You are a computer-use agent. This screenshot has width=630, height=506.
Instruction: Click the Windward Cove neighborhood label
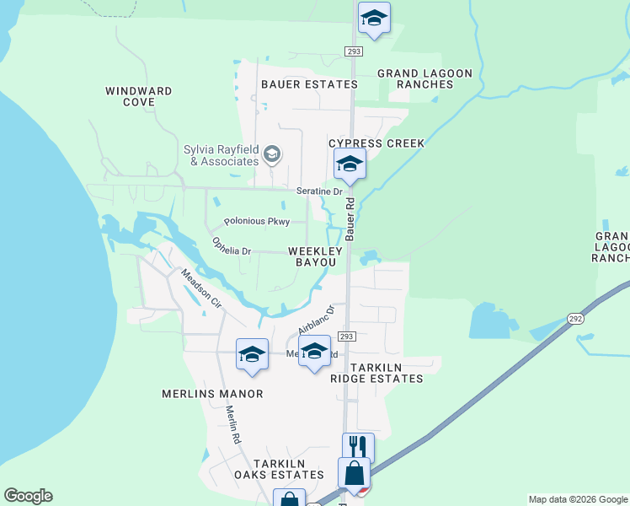point(139,96)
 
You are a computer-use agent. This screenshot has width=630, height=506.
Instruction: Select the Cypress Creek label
point(376,143)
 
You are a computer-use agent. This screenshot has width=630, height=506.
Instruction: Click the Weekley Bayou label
point(316,257)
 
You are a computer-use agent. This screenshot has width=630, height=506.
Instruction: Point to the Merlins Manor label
point(212,394)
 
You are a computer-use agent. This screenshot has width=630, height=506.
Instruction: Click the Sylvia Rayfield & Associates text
point(222,156)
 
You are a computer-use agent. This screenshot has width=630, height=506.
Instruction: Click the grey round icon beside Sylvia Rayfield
point(272,154)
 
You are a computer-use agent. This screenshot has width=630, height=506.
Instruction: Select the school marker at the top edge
point(374,18)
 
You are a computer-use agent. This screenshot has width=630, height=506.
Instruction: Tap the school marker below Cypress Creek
point(350,164)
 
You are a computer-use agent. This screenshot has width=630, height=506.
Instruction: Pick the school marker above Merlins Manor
point(252,354)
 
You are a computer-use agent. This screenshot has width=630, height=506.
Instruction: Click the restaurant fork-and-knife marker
point(358,446)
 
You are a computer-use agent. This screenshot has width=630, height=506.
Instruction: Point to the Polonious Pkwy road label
point(257,222)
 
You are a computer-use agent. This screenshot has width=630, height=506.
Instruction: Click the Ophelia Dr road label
point(232,246)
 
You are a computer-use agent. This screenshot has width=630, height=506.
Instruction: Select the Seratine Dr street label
point(319,191)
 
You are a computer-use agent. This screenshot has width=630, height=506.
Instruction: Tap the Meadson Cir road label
point(200,288)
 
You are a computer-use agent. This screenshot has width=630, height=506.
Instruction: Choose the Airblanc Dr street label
point(316,320)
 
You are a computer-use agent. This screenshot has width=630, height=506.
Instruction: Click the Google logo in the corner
point(28,496)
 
